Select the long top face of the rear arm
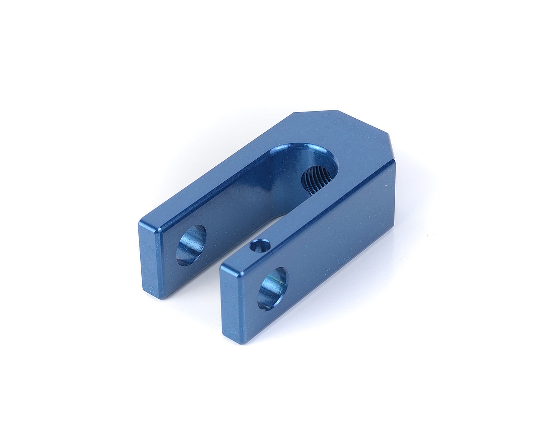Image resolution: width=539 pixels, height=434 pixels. tap(209, 175)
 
